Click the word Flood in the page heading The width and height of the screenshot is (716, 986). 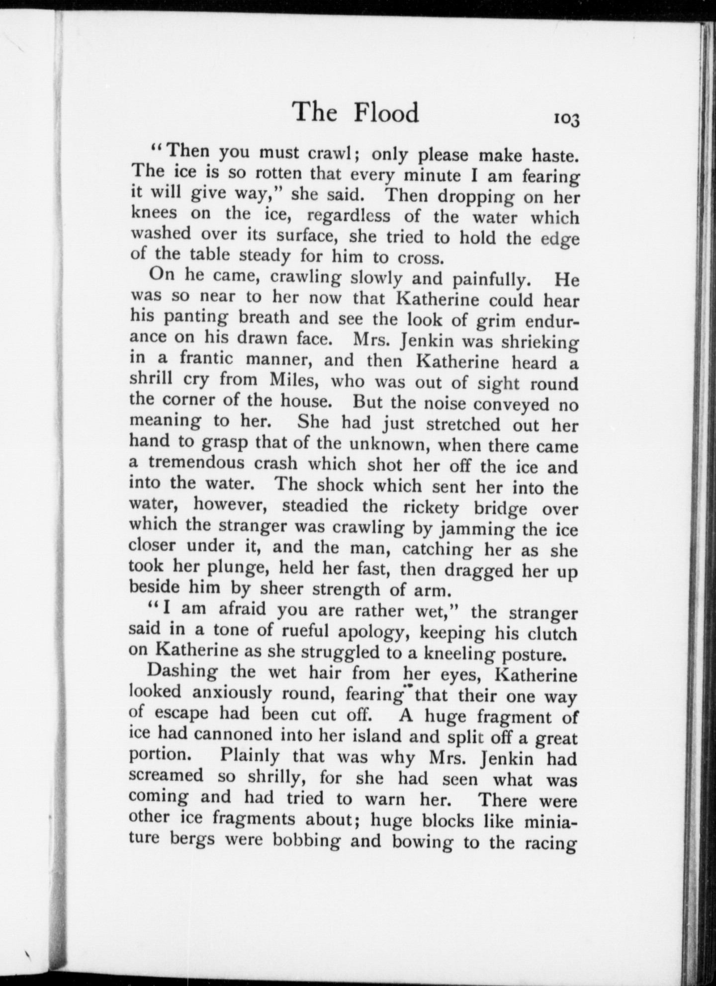pos(386,113)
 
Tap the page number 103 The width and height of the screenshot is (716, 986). pos(565,119)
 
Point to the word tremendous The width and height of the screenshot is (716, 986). pos(196,463)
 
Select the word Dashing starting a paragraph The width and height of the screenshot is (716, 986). pos(182,672)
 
